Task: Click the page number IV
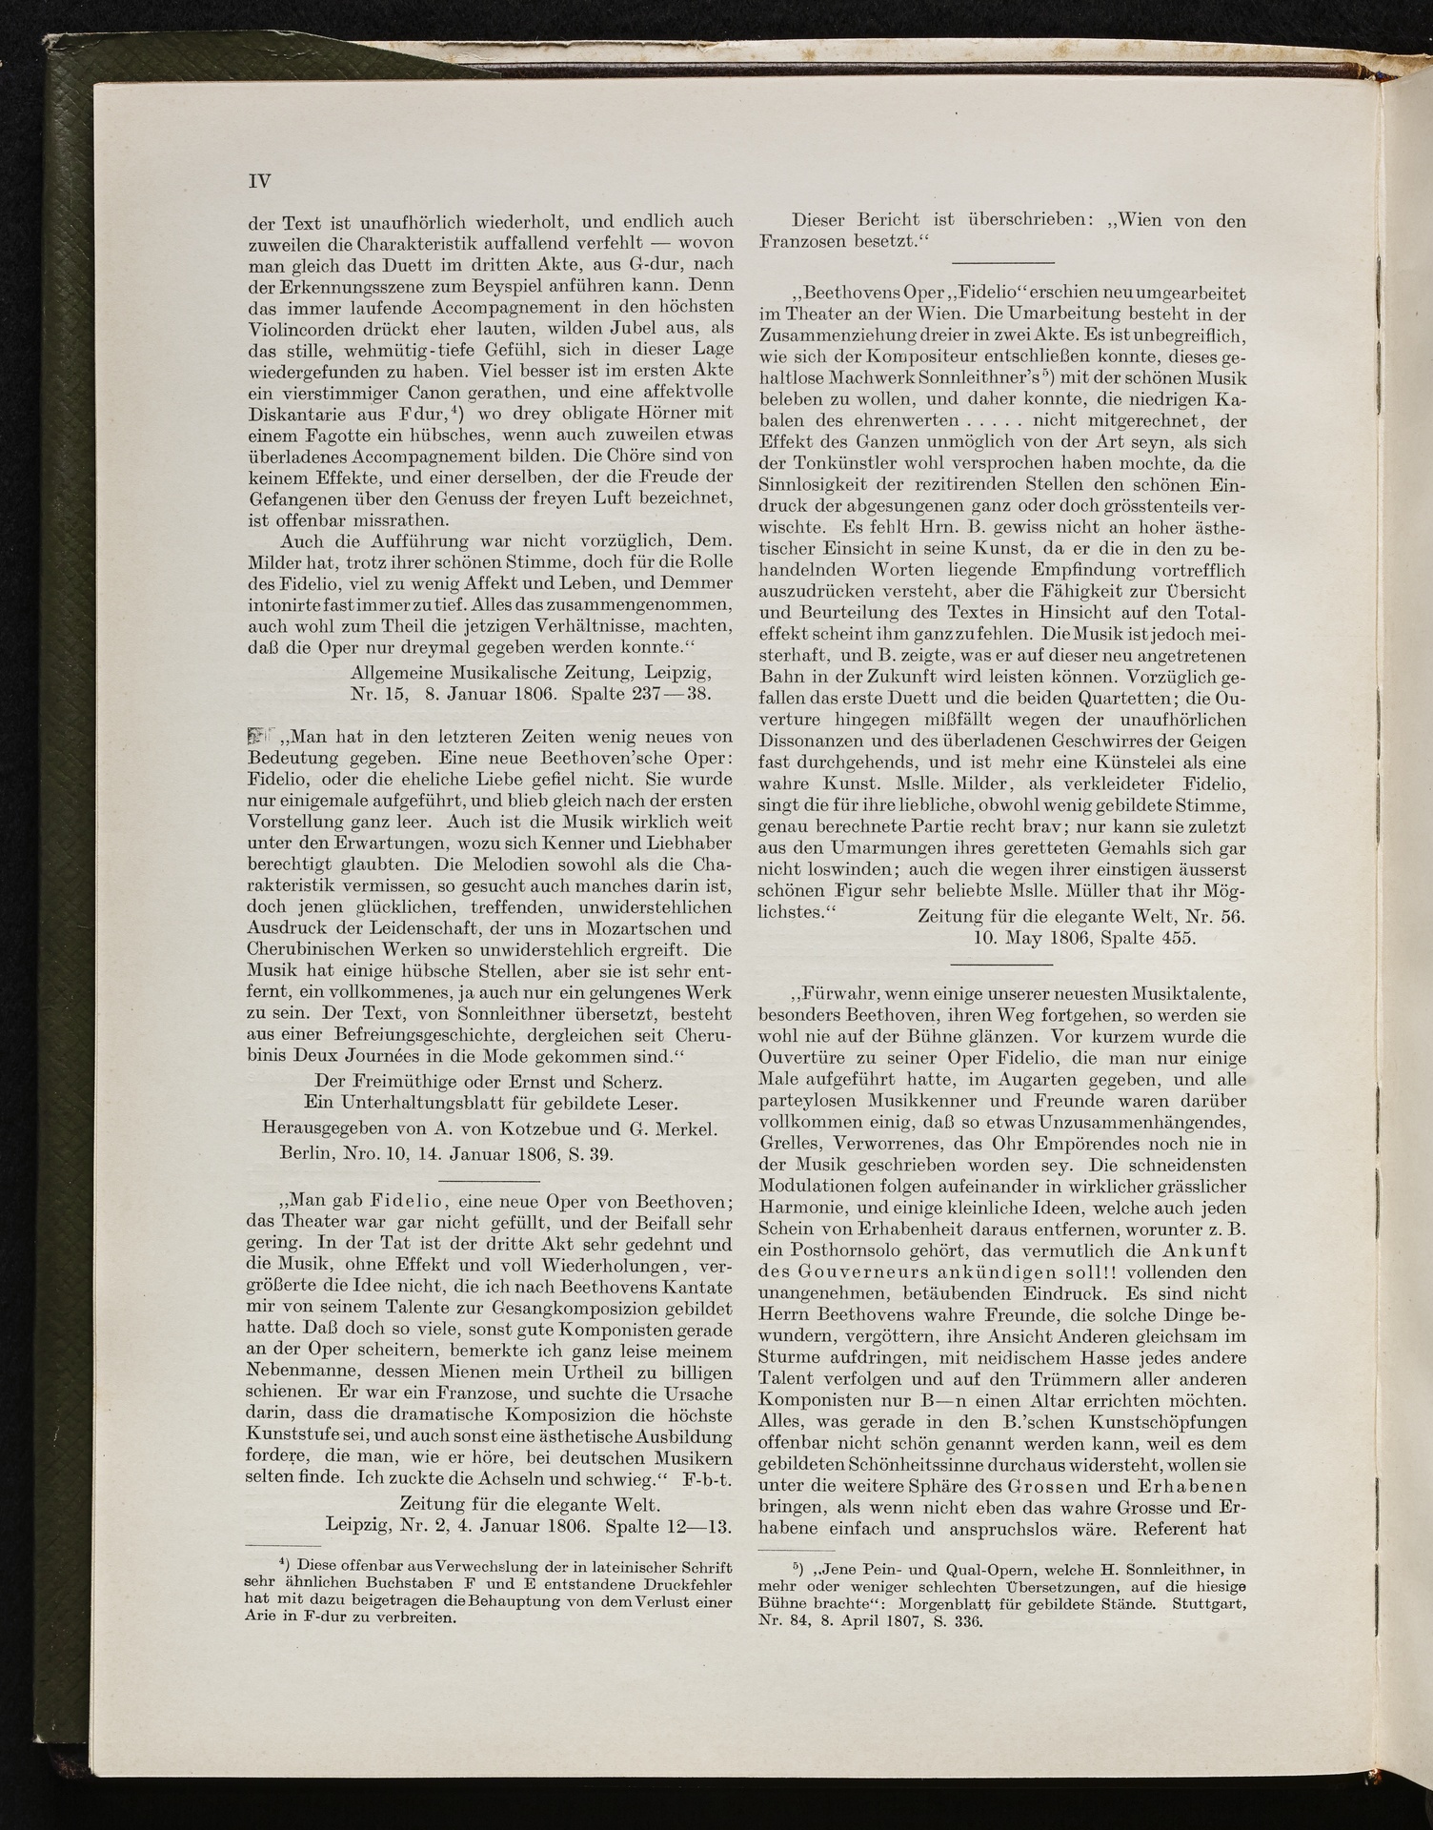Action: point(259,181)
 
